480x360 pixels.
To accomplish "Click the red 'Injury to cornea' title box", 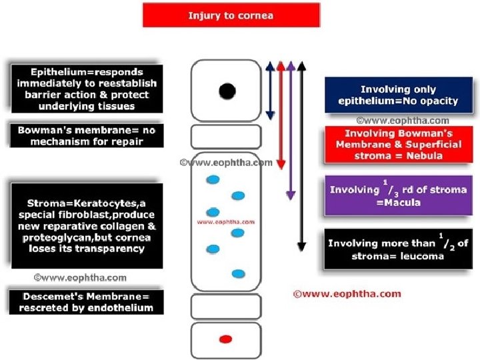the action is tap(231, 15).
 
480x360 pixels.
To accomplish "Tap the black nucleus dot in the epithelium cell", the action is tap(227, 91).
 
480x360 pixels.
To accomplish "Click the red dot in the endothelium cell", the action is tap(226, 339).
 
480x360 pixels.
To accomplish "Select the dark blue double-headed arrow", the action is tap(270, 91).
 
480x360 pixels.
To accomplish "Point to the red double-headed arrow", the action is tap(281, 115).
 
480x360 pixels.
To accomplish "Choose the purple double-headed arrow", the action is tap(291, 131).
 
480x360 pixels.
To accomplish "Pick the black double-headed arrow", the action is tap(302, 157).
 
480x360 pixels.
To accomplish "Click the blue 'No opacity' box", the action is tap(399, 95).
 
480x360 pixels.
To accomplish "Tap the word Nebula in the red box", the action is tap(424, 156).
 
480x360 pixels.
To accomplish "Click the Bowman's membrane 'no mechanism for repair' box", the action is tap(87, 135).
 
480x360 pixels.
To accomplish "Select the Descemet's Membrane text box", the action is tap(86, 302).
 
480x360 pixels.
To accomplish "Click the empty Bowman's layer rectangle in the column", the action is tap(226, 137).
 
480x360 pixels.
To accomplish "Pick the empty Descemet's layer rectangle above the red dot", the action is tap(226, 307).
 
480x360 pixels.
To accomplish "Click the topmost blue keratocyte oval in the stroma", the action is tap(213, 180).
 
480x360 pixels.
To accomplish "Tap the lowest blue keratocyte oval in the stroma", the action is tap(239, 274).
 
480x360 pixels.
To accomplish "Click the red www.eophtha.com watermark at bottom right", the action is tap(347, 294).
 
